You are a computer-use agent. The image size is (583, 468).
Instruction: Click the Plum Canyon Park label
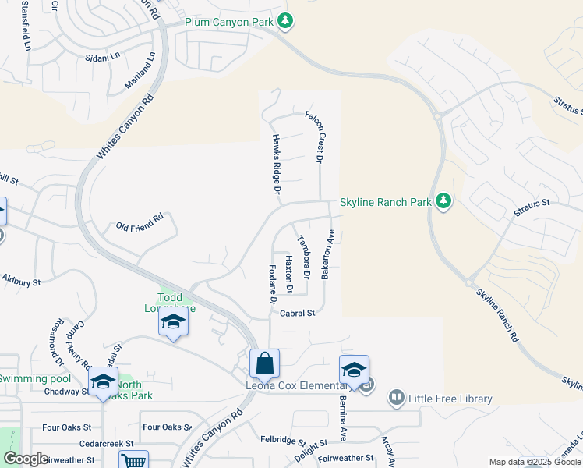coord(229,22)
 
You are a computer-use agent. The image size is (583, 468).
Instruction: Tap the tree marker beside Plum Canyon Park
coord(285,21)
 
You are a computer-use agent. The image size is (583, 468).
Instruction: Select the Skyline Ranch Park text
coord(386,202)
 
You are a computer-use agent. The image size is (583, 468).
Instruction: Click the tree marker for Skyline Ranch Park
coord(443,202)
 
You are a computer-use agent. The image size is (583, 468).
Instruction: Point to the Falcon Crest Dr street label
coord(319,136)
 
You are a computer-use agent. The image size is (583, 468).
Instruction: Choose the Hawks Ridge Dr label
coord(276,163)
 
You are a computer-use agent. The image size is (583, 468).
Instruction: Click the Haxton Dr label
coord(288,274)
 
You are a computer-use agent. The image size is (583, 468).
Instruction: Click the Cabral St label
coord(297,313)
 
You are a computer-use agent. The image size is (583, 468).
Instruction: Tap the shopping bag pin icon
coord(264,363)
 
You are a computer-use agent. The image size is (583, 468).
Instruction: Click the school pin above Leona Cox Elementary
coord(354,370)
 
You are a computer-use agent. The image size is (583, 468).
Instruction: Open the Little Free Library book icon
coord(397,399)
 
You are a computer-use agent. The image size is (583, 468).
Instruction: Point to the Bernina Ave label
coord(341,415)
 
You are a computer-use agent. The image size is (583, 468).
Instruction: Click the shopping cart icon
coord(133,461)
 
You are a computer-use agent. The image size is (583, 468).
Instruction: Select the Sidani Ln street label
coord(103,57)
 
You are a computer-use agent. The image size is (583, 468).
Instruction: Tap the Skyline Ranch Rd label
coord(497,316)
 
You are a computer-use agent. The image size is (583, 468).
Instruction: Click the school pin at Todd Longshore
coord(173,321)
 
